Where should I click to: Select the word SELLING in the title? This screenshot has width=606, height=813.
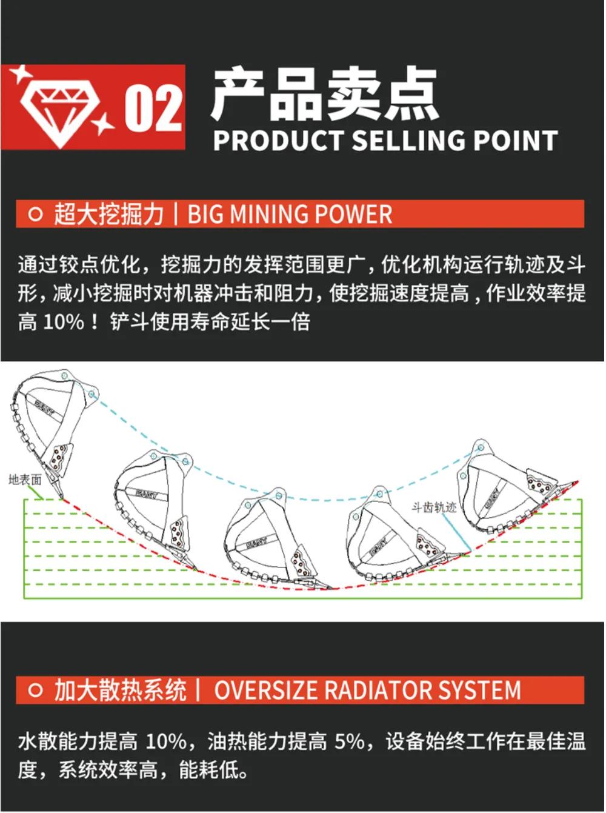(408, 141)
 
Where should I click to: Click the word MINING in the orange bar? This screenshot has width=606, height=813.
(266, 214)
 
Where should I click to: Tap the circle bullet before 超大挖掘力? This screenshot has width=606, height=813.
(36, 214)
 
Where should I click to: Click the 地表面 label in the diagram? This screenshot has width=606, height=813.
(25, 480)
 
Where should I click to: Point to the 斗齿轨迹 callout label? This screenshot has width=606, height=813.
(435, 507)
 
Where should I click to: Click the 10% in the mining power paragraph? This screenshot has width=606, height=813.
(64, 323)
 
